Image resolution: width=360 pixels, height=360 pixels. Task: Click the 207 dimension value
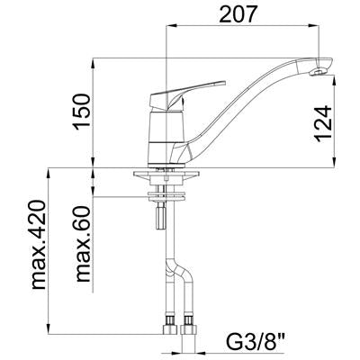point(238,13)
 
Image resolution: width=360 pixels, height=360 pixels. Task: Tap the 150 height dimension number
point(82,112)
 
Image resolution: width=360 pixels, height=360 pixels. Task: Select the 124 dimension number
point(323,123)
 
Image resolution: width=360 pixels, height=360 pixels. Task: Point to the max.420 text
point(39,245)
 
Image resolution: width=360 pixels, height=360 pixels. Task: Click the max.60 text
point(83,244)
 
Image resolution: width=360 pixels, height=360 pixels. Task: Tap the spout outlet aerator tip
point(319,72)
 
